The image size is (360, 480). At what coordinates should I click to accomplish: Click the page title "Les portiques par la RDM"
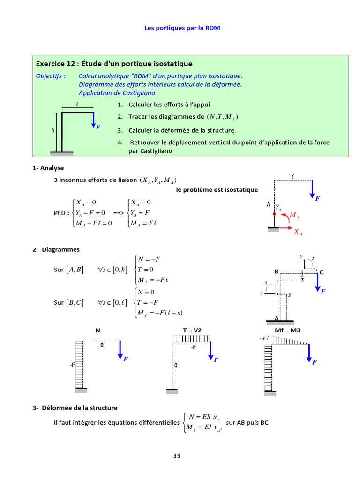coord(182,28)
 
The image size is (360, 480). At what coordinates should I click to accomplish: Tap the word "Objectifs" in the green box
coord(50,76)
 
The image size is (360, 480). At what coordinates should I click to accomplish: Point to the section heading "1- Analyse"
coord(48,168)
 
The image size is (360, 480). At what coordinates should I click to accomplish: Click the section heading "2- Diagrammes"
coord(56,250)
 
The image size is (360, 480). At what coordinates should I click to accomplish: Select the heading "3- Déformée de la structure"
coord(75,408)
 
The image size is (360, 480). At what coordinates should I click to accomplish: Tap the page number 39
coord(176,455)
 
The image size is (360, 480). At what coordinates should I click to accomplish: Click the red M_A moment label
coord(295,215)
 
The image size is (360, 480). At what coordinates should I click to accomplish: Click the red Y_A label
coord(278,207)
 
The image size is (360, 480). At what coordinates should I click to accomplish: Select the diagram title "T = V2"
coord(192,330)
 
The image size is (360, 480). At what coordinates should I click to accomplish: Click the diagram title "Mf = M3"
coord(287,330)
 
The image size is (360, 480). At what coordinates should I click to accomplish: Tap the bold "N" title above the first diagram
coord(98,330)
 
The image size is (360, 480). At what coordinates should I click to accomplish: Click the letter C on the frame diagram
coord(322,272)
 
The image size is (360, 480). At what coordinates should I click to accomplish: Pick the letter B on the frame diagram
coord(277,272)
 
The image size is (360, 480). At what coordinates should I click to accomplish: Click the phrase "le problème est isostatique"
coord(217,190)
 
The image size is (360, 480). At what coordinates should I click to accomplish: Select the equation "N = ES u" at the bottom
coord(203,417)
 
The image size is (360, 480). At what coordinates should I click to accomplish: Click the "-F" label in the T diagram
coord(193,347)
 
